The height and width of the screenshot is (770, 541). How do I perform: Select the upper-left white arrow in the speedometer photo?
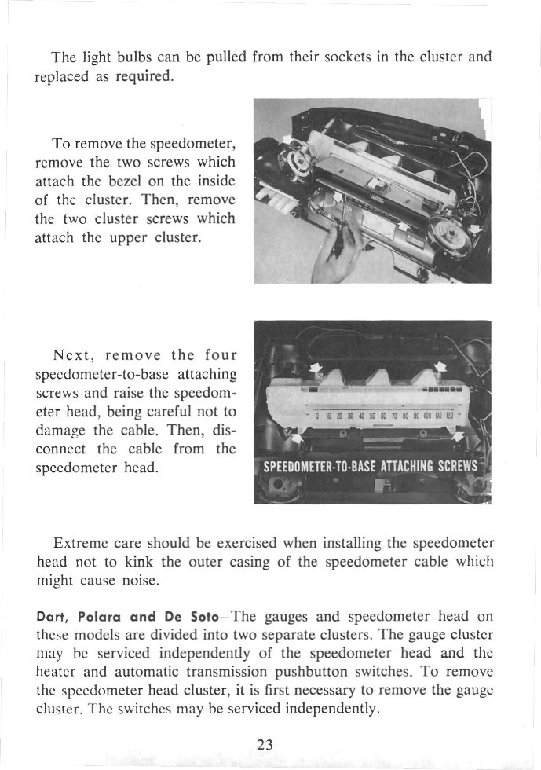[x=316, y=368]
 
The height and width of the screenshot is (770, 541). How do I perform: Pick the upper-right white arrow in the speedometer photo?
[x=440, y=366]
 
